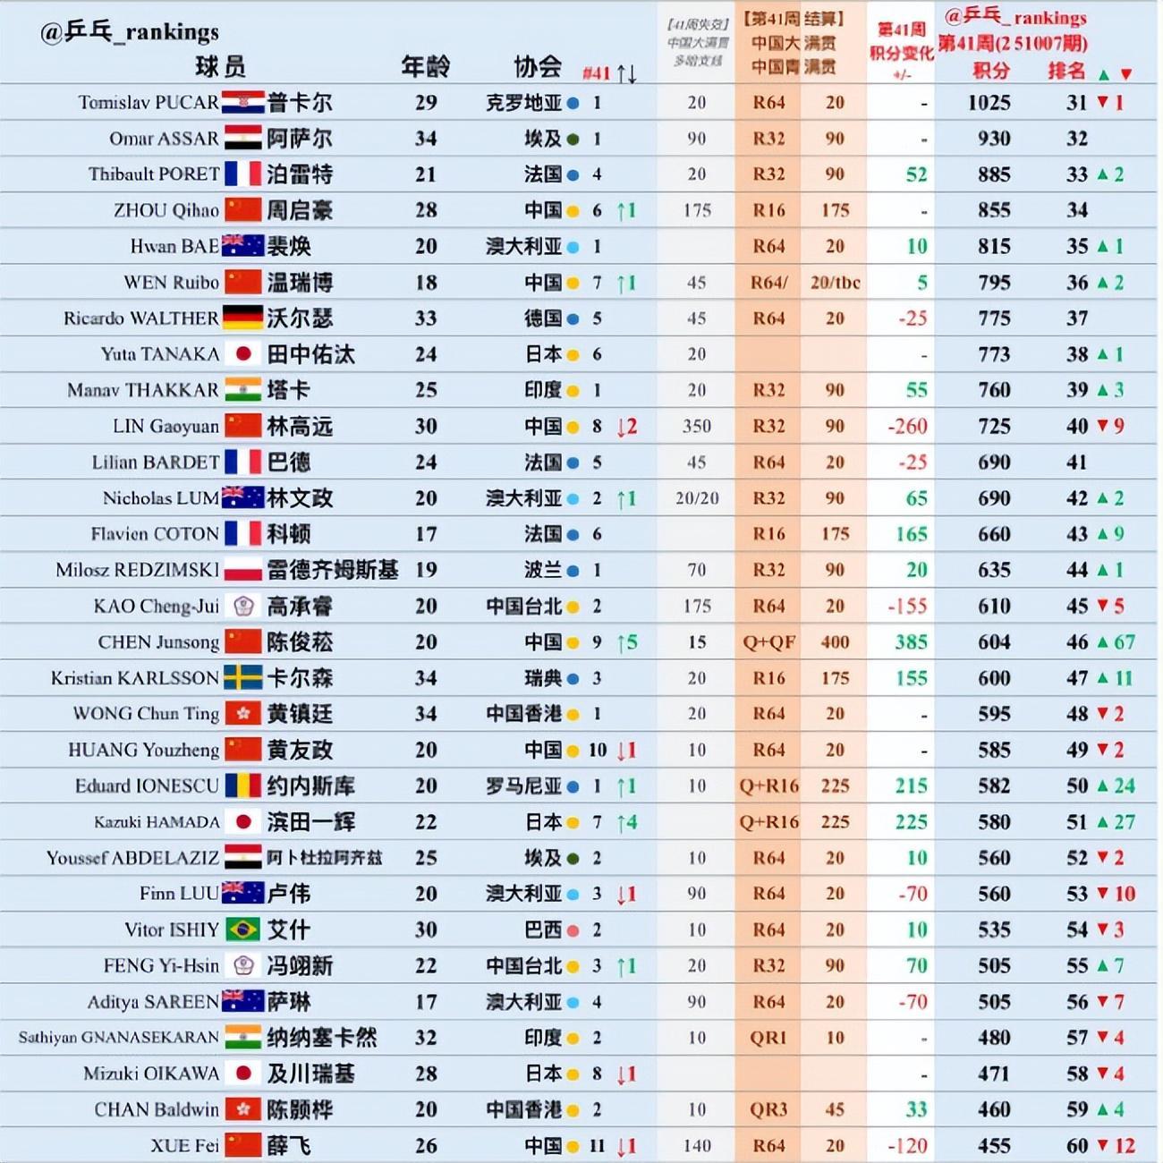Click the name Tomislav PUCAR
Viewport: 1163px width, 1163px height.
pyautogui.click(x=148, y=103)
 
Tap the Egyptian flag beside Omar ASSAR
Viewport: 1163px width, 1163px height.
pyautogui.click(x=242, y=139)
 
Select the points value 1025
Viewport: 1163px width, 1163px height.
pyautogui.click(x=989, y=103)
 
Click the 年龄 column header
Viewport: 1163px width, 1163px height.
pyautogui.click(x=425, y=66)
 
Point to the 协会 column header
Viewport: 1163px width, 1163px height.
pyautogui.click(x=538, y=66)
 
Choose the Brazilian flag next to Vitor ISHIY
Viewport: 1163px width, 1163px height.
pyautogui.click(x=242, y=930)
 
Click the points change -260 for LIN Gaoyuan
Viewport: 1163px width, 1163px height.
pyautogui.click(x=907, y=427)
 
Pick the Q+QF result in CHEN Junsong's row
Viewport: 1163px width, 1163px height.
pyautogui.click(x=768, y=642)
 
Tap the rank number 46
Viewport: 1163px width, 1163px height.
pyautogui.click(x=1077, y=642)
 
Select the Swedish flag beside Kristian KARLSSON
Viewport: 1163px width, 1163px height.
pyautogui.click(x=242, y=678)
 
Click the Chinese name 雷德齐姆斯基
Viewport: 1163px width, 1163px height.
pyautogui.click(x=332, y=570)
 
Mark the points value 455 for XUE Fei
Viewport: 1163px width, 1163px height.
pyautogui.click(x=993, y=1146)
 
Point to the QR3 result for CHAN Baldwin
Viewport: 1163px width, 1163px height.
pyautogui.click(x=768, y=1110)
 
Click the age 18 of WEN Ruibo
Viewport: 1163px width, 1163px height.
pyautogui.click(x=426, y=283)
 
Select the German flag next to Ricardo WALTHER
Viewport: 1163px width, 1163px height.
pyautogui.click(x=242, y=318)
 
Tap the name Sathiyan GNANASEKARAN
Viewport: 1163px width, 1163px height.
pyautogui.click(x=118, y=1038)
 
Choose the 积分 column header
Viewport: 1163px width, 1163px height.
pyautogui.click(x=991, y=71)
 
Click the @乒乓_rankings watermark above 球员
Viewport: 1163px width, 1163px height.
pyautogui.click(x=129, y=32)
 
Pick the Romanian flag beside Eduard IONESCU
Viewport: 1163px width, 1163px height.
pyautogui.click(x=242, y=786)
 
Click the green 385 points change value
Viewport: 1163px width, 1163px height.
pyautogui.click(x=911, y=642)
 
